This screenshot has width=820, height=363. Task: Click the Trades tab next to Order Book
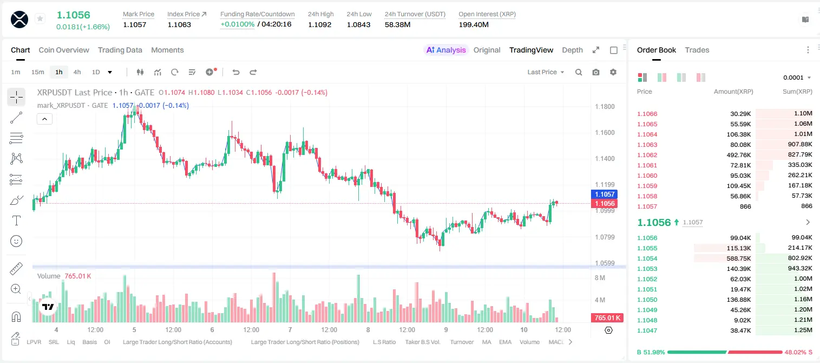click(x=697, y=50)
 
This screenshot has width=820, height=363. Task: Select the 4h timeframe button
click(x=77, y=72)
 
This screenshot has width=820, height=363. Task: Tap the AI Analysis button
click(x=446, y=50)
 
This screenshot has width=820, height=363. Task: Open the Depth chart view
click(x=572, y=50)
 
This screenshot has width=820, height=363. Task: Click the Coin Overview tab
click(x=64, y=50)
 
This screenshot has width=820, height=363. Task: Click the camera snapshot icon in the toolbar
click(x=596, y=72)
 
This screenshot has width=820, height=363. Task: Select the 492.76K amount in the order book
click(x=739, y=155)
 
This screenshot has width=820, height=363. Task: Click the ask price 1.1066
click(x=647, y=114)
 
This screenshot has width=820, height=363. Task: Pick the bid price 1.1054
click(x=647, y=258)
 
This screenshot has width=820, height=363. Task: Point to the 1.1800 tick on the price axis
click(x=605, y=107)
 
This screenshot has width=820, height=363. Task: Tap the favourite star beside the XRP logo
click(x=40, y=18)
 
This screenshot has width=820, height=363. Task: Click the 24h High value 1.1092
click(x=319, y=24)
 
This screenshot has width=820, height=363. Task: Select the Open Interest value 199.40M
click(x=474, y=24)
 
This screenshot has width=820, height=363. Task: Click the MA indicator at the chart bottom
click(x=487, y=342)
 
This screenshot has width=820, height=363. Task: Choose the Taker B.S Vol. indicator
click(x=422, y=342)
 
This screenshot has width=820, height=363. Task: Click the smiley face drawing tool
click(x=16, y=241)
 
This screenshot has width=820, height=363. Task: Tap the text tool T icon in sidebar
click(x=16, y=221)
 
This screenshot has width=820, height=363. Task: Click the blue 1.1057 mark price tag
click(x=605, y=194)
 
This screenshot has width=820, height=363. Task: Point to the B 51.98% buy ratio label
click(x=651, y=352)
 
